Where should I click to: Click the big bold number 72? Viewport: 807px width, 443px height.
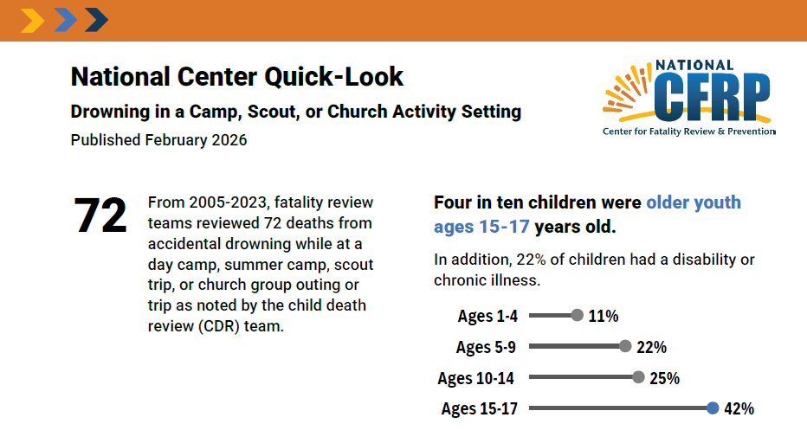[101, 215]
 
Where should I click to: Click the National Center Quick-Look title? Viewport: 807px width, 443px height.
[236, 77]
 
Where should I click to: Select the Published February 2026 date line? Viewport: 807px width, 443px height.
[158, 140]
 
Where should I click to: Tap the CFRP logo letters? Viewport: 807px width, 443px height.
[713, 95]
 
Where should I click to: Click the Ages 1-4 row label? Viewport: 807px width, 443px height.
[487, 316]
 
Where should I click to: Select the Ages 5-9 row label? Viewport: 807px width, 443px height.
[486, 347]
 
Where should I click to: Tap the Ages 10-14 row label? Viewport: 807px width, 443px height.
[477, 378]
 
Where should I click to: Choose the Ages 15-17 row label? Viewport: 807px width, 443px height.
[479, 408]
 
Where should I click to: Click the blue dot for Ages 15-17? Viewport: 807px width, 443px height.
[713, 408]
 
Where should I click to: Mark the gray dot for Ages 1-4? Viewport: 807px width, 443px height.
[578, 316]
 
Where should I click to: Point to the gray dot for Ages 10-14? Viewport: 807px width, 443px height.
[638, 377]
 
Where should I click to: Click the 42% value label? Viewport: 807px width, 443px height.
[739, 408]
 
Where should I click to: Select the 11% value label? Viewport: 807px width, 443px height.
[604, 316]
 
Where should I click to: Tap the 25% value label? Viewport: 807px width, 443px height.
[664, 378]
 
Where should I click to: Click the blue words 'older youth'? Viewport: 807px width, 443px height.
[694, 202]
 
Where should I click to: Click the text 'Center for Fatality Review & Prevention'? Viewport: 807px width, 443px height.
[688, 132]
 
